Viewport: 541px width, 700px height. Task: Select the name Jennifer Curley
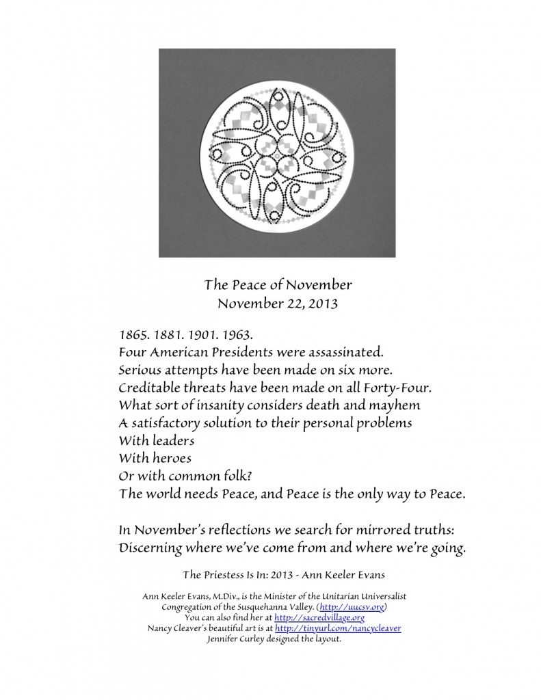coord(238,638)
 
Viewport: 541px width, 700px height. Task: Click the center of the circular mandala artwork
coord(276,154)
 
